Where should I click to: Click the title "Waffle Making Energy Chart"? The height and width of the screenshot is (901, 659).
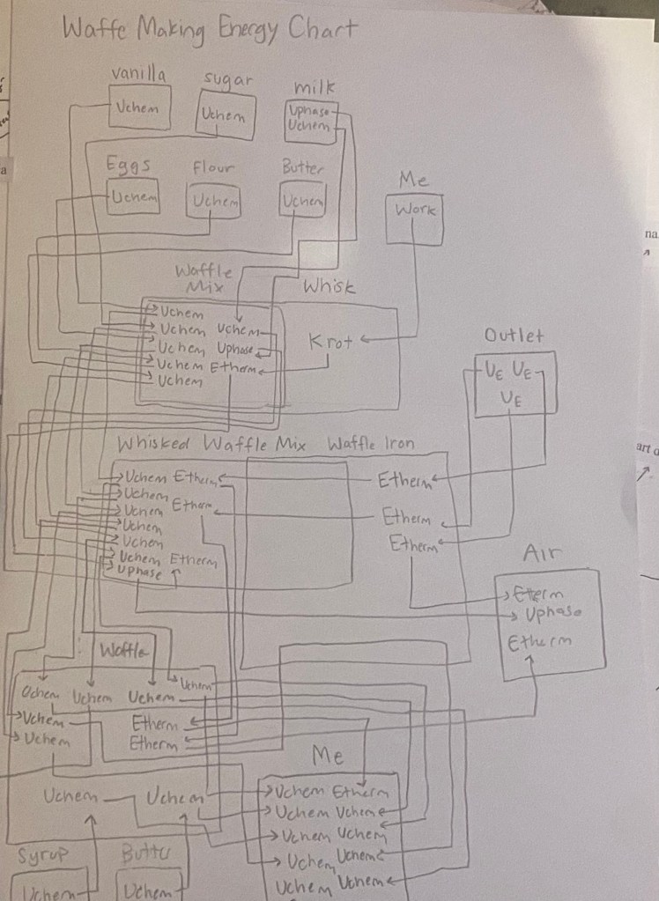point(210,31)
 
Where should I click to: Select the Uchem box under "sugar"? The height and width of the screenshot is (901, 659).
point(225,115)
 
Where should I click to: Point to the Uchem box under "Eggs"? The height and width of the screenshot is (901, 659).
point(132,197)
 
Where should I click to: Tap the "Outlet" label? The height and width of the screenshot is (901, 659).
point(514,336)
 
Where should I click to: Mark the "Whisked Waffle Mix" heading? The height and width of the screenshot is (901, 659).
point(211,445)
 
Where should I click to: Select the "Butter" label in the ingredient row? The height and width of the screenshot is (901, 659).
point(302,166)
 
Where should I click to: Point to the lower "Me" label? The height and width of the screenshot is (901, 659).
point(327,756)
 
